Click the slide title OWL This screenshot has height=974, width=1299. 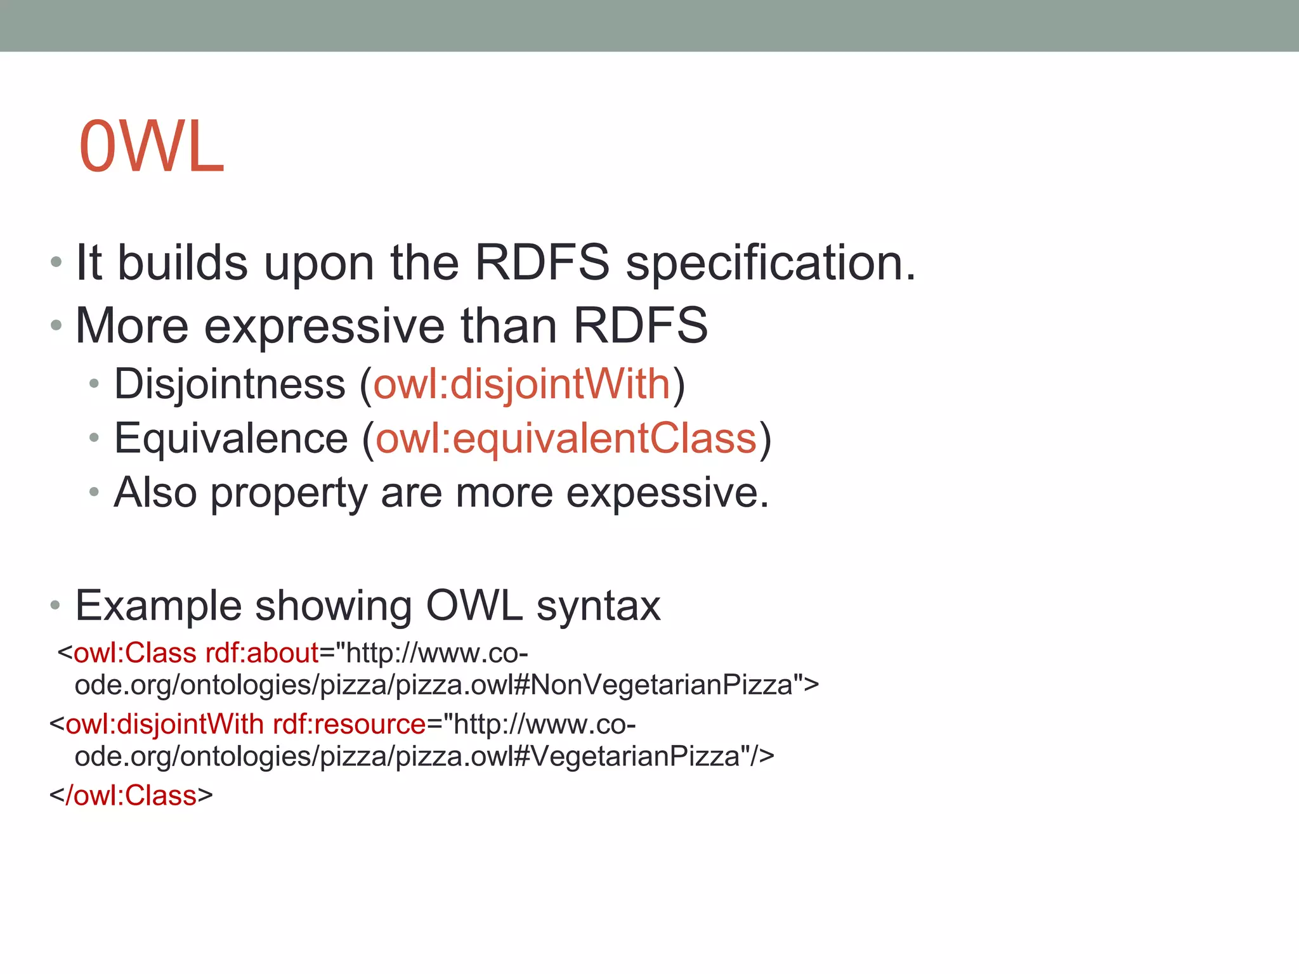[x=152, y=147]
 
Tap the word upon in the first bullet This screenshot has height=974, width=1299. [x=319, y=264]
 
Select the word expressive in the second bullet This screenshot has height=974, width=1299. [x=325, y=326]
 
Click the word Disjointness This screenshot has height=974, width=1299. [x=230, y=385]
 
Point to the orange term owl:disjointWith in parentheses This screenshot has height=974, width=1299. [x=521, y=384]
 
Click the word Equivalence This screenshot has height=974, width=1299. [x=231, y=439]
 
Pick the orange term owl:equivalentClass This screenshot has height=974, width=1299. [x=566, y=439]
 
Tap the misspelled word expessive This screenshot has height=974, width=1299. [x=667, y=493]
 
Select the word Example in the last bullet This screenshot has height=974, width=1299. [x=159, y=606]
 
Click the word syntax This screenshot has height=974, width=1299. [x=598, y=606]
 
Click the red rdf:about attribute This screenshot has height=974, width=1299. [x=262, y=653]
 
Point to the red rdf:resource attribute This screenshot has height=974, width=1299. [x=349, y=724]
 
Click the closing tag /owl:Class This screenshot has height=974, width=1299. [x=131, y=795]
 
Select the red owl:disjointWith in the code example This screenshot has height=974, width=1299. [x=164, y=724]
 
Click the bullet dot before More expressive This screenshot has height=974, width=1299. [x=56, y=326]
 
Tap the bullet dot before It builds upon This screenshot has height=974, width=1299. [x=56, y=262]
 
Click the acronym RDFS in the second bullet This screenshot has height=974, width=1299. [x=640, y=326]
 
